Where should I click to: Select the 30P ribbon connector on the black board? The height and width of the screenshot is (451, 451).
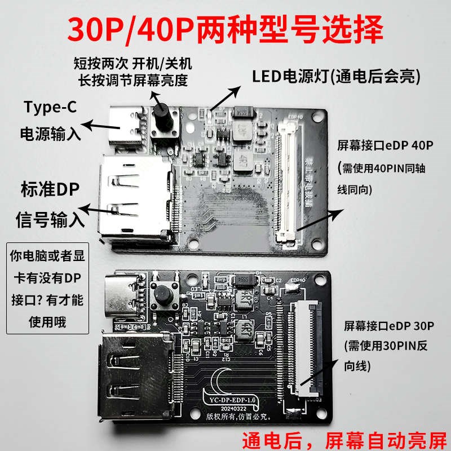(x=299, y=347)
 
